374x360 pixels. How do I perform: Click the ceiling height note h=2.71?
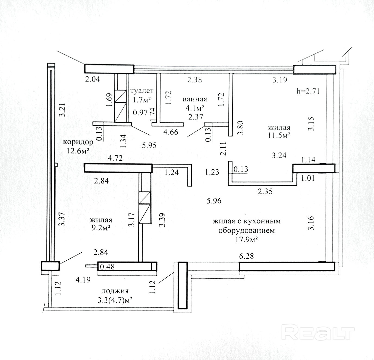tap(308, 91)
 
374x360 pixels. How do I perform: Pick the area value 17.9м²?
tap(246, 240)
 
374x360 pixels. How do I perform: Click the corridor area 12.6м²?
tap(77, 150)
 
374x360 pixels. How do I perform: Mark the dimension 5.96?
tap(214, 201)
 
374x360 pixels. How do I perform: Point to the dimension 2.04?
tap(93, 79)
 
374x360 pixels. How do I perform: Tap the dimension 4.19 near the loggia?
tap(83, 280)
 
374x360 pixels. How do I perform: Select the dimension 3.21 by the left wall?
tap(63, 109)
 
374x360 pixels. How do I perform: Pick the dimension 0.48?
tap(107, 267)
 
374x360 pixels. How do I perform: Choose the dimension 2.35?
tap(265, 191)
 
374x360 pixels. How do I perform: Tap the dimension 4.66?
tap(171, 132)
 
